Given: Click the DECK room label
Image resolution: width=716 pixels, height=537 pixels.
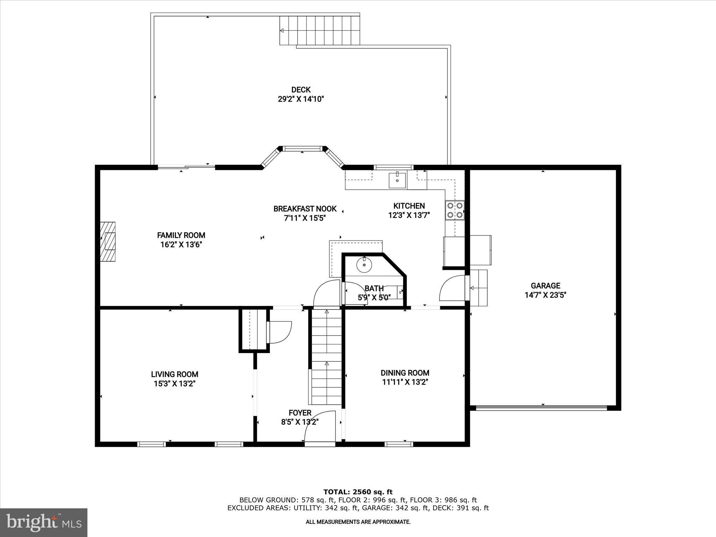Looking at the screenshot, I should pyautogui.click(x=301, y=90).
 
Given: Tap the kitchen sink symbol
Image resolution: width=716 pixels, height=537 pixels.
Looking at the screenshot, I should pyautogui.click(x=397, y=180).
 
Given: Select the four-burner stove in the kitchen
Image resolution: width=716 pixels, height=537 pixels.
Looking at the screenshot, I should pyautogui.click(x=455, y=210).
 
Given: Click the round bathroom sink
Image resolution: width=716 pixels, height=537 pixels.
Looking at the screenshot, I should pyautogui.click(x=364, y=265).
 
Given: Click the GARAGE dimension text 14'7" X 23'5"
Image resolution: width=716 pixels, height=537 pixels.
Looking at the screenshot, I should pyautogui.click(x=545, y=295).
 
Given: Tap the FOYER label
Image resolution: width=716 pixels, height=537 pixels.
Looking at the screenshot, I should pyautogui.click(x=300, y=413).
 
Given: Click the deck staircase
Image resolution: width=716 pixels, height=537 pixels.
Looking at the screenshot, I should pyautogui.click(x=320, y=31).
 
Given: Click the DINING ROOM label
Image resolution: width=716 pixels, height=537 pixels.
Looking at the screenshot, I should pyautogui.click(x=405, y=373).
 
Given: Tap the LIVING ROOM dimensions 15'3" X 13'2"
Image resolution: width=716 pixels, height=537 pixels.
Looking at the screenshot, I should pyautogui.click(x=174, y=384).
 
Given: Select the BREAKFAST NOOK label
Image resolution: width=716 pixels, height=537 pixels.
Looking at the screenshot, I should pyautogui.click(x=305, y=209).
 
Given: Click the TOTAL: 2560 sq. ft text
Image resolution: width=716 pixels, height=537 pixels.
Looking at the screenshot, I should pyautogui.click(x=358, y=492).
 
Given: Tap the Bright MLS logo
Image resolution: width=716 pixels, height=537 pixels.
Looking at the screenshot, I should pyautogui.click(x=44, y=522).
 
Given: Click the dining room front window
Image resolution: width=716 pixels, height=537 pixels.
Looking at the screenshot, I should pyautogui.click(x=399, y=444).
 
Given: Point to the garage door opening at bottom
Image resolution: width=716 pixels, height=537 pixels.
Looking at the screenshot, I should pyautogui.click(x=542, y=408).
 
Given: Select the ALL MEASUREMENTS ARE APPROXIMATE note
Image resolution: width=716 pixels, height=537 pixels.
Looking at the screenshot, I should pyautogui.click(x=358, y=522).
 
